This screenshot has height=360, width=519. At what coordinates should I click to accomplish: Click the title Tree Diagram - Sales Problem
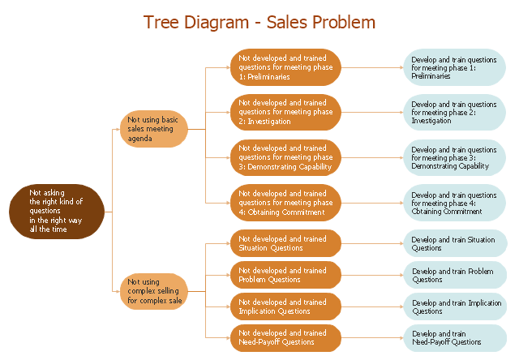pos(259,22)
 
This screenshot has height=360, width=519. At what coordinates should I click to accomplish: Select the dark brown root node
pos(57,211)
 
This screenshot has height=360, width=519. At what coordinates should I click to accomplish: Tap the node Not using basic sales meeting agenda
pos(154,129)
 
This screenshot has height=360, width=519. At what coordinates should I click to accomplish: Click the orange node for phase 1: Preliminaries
pos(285,67)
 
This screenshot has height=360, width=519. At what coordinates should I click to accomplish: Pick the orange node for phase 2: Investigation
pos(285,112)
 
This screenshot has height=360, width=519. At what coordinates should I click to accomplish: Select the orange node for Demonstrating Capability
pos(285,157)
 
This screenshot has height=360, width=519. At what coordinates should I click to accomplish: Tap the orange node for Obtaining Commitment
pos(285,203)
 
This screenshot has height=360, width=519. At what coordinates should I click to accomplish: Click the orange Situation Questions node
pos(285,243)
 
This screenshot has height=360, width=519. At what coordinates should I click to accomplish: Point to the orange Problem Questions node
pos(285,275)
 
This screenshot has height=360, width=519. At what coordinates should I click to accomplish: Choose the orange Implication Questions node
pos(285,306)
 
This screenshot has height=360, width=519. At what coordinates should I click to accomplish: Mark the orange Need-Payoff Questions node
pos(285,337)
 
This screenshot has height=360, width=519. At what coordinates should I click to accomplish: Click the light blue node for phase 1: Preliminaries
pos(455,67)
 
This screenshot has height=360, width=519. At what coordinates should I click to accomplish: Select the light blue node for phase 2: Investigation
pos(455,112)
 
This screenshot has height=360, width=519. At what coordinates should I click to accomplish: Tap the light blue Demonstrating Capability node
pos(455,157)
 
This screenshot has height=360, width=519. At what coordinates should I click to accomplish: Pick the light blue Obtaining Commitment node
pos(455,203)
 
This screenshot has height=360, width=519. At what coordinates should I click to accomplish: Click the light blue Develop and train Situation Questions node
pos(455,243)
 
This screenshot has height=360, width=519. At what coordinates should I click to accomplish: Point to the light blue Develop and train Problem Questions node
pos(455,275)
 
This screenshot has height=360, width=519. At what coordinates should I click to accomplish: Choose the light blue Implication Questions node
pos(455,306)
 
